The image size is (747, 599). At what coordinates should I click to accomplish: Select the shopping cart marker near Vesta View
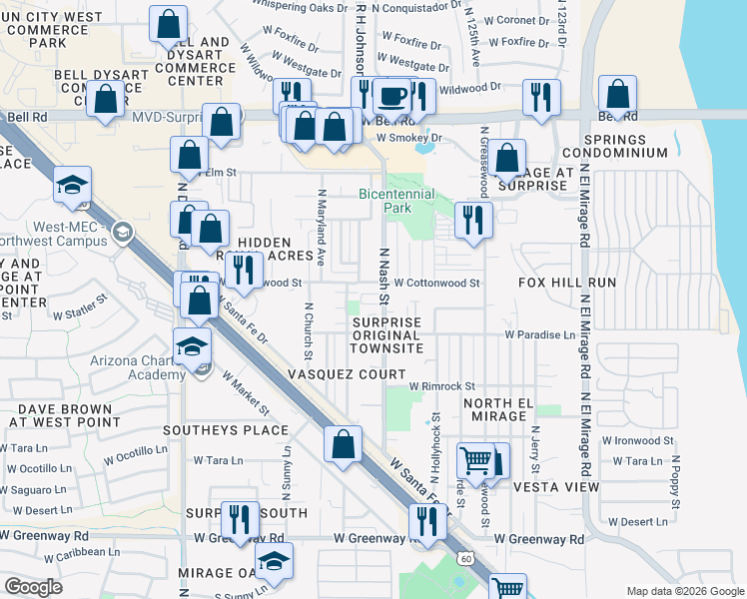click(475, 461)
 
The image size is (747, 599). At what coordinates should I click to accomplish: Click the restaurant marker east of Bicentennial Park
click(472, 220)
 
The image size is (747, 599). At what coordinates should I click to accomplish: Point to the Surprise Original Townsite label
click(385, 335)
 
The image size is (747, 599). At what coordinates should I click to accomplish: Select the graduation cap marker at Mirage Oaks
click(274, 561)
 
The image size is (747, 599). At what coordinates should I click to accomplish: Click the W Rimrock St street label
click(441, 386)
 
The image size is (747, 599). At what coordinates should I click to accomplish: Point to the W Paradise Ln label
click(540, 334)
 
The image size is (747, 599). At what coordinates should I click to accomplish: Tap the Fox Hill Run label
click(567, 283)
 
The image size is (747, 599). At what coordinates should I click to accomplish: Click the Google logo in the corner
click(33, 587)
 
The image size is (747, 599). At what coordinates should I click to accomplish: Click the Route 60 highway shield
click(464, 555)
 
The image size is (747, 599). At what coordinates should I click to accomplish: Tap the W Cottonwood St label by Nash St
click(436, 283)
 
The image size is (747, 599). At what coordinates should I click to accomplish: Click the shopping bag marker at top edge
click(169, 24)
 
